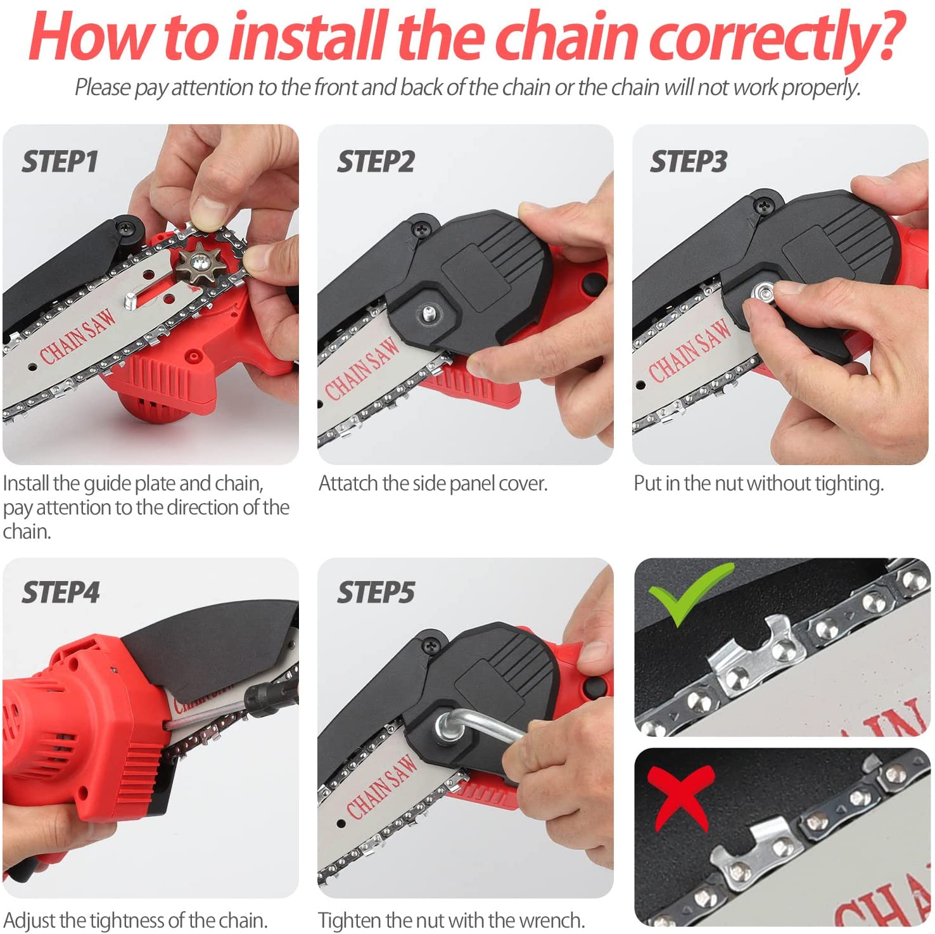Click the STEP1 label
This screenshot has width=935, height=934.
(60, 162)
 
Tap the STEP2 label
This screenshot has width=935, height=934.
(376, 162)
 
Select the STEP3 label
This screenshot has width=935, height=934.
(689, 162)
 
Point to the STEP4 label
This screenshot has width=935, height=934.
(61, 593)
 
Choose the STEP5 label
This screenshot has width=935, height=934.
(376, 593)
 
